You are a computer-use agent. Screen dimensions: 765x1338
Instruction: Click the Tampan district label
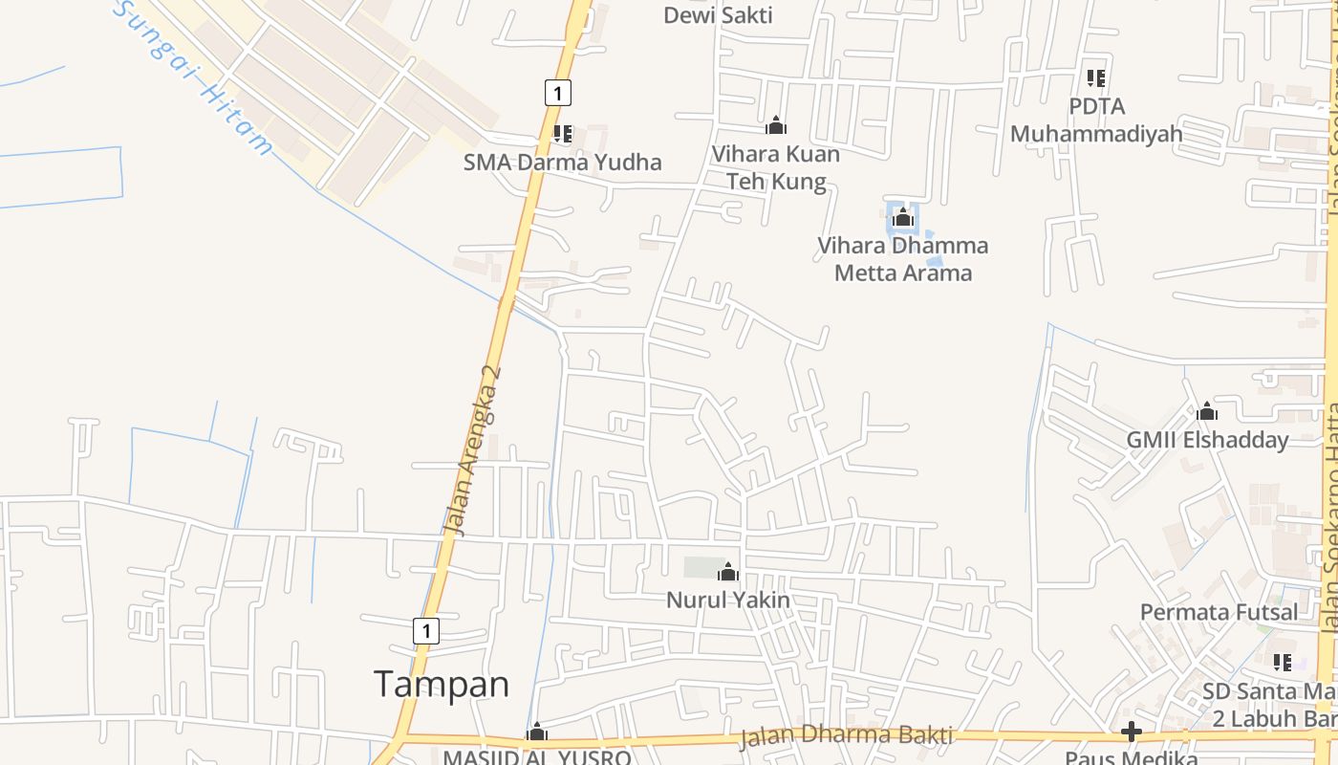441,685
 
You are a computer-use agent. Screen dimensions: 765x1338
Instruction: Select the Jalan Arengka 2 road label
473,449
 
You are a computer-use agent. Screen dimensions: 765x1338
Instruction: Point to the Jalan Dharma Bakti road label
846,735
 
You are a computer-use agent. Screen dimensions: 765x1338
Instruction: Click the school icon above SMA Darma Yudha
563,134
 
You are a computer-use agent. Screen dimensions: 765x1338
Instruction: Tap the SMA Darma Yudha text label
562,162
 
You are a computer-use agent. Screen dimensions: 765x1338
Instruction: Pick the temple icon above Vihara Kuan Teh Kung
776,125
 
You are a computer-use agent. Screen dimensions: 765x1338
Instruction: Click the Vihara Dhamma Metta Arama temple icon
903,218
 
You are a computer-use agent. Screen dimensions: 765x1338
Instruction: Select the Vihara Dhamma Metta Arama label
903,259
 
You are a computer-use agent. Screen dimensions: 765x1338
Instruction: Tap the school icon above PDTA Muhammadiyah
1096,77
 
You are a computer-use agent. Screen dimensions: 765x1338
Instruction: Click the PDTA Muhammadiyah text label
1096,120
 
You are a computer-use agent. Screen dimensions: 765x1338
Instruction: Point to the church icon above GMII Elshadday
1207,412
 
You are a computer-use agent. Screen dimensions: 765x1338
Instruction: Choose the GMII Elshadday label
1207,440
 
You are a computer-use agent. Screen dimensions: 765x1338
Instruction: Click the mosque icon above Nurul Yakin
728,572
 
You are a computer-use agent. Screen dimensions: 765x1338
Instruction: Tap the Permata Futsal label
1219,611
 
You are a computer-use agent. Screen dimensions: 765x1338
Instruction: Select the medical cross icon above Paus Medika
1132,732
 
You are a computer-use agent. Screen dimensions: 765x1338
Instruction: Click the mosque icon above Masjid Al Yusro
537,732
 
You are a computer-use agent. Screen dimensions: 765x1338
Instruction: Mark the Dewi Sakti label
718,15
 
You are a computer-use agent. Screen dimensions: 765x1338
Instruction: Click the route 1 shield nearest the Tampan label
425,631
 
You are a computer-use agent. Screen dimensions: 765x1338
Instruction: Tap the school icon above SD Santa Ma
1283,662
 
